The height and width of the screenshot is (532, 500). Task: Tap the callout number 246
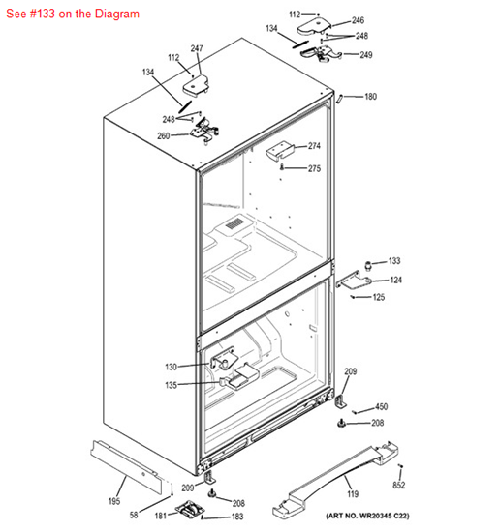tap(358, 20)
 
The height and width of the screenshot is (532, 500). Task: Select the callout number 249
tap(365, 55)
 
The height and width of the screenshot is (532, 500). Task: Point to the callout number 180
tap(370, 97)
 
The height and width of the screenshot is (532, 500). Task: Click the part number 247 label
tap(197, 48)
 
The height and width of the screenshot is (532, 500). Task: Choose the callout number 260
tap(163, 135)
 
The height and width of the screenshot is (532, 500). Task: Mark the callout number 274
tap(314, 146)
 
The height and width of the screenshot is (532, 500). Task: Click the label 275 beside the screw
tap(314, 169)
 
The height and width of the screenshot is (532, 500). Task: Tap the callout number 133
tap(394, 261)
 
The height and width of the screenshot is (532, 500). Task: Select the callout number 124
tap(395, 280)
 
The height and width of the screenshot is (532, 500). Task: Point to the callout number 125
tap(378, 297)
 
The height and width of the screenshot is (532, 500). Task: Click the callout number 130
tap(171, 367)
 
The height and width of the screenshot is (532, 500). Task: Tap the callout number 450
tap(381, 407)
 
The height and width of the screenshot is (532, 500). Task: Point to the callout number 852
tap(398, 484)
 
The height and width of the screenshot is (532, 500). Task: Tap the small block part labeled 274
tap(280, 150)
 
